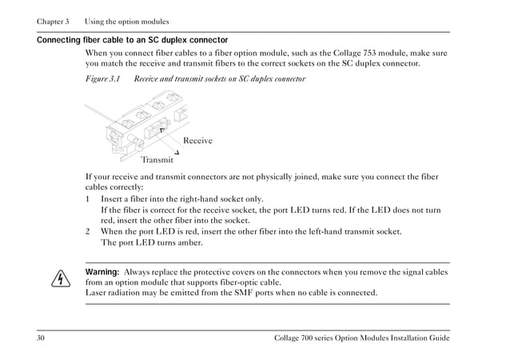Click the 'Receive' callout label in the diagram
click(x=197, y=141)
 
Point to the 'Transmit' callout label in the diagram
click(x=157, y=158)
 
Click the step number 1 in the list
click(x=88, y=199)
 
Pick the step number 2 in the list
click(x=88, y=231)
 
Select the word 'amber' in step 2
click(x=187, y=242)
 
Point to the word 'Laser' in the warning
click(x=98, y=293)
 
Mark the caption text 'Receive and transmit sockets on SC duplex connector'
click(x=219, y=79)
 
